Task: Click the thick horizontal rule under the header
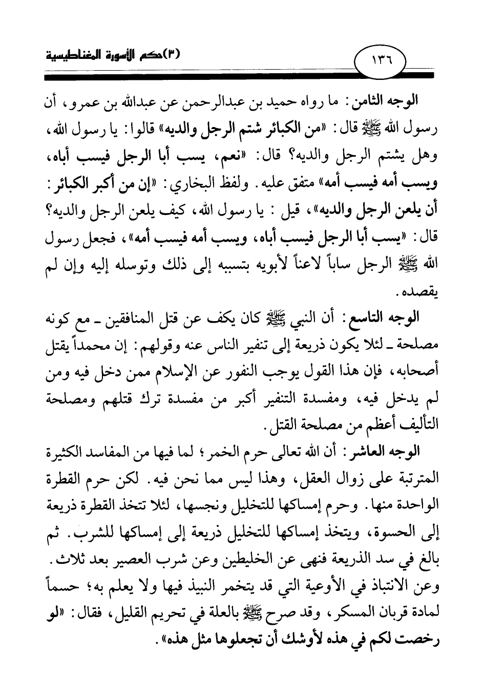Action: [x=241, y=76]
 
